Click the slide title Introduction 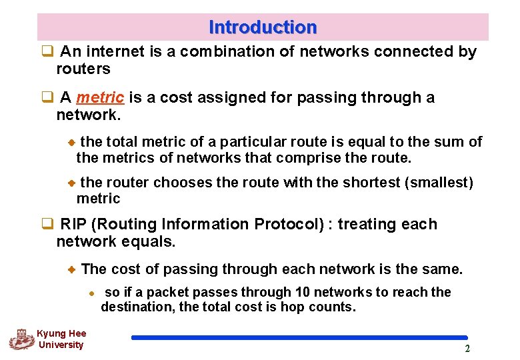[263, 27]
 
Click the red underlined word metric [100, 98]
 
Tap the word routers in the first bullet [83, 69]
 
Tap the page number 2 [467, 349]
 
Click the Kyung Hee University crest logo [21, 339]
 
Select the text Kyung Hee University [61, 339]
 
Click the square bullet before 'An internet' [47, 52]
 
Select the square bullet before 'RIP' [47, 224]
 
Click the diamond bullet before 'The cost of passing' [72, 269]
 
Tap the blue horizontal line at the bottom [299, 337]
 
